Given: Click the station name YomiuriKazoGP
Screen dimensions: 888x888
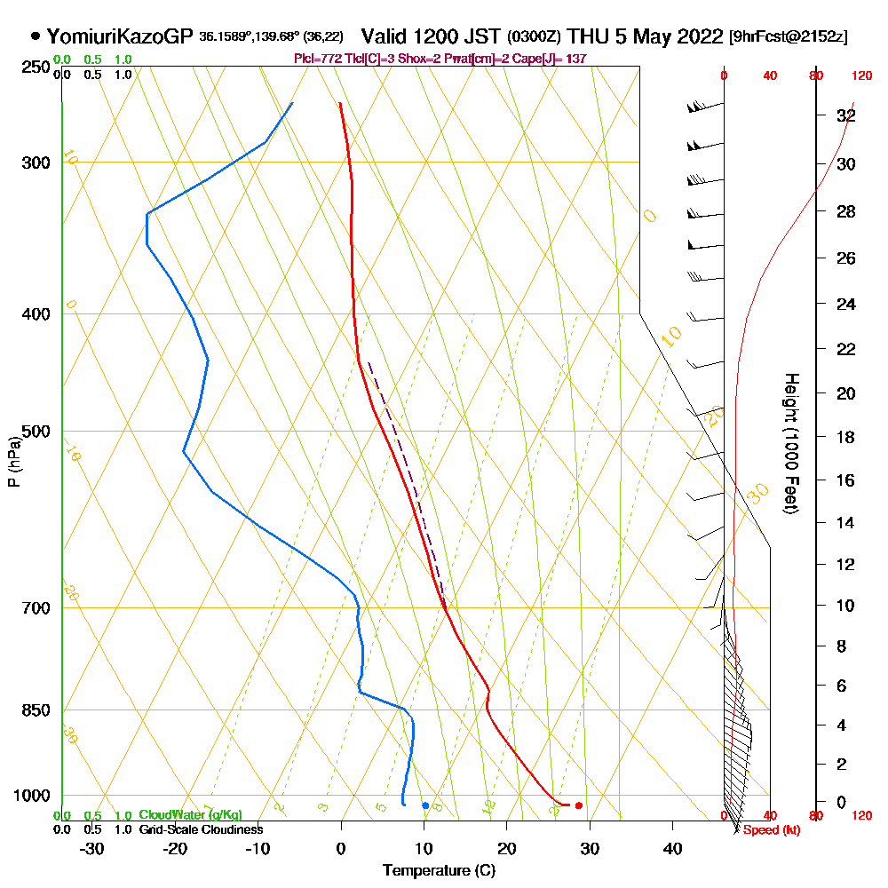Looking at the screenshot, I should [x=119, y=36].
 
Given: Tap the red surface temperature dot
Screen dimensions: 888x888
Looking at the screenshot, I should [x=578, y=805].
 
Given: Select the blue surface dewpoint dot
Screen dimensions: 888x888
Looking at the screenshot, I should [x=425, y=805].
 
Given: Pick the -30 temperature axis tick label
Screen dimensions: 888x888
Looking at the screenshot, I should [x=92, y=848].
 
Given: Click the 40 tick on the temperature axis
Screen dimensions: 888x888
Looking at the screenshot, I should [x=672, y=848].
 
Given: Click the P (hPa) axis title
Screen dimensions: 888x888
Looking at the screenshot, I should [x=13, y=462].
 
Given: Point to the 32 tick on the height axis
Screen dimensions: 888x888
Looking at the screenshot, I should [x=845, y=115].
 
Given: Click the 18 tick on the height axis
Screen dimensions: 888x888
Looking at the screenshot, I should [x=845, y=437].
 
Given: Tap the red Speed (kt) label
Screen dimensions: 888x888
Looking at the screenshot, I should [x=772, y=830].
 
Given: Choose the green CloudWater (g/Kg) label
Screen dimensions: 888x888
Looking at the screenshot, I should [x=190, y=815].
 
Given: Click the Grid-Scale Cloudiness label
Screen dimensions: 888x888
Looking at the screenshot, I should [x=201, y=829].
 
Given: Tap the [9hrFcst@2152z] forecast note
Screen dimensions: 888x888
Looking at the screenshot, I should [x=788, y=37].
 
